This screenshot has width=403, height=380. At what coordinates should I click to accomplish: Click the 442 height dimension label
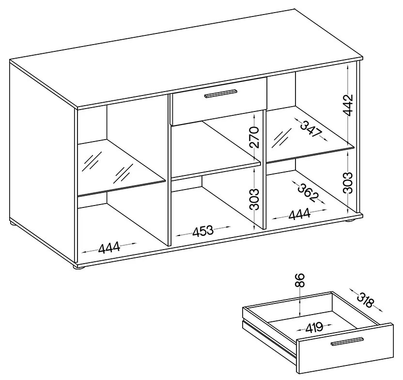coord(348,105)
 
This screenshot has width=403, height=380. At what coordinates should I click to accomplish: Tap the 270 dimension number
coord(254,137)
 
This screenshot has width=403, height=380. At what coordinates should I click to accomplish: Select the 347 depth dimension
coord(311,129)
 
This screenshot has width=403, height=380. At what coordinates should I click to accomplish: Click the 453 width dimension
coord(203,230)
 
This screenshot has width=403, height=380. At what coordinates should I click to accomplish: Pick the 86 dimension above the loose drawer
coord(300,280)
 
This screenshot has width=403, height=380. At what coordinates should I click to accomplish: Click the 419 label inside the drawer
coord(314,327)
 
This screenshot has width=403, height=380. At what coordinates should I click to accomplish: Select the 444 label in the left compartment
coord(109,247)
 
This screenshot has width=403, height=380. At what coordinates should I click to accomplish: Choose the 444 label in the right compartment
coord(299,215)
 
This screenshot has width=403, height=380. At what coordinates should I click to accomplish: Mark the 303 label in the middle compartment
coord(254,200)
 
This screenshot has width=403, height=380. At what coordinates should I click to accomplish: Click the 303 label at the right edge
coord(348,183)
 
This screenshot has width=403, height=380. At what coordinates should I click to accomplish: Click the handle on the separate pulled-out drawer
coord(347,341)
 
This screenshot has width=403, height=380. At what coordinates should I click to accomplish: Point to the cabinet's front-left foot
coord(78,268)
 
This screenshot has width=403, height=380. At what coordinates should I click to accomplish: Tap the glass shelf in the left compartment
coord(121,167)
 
